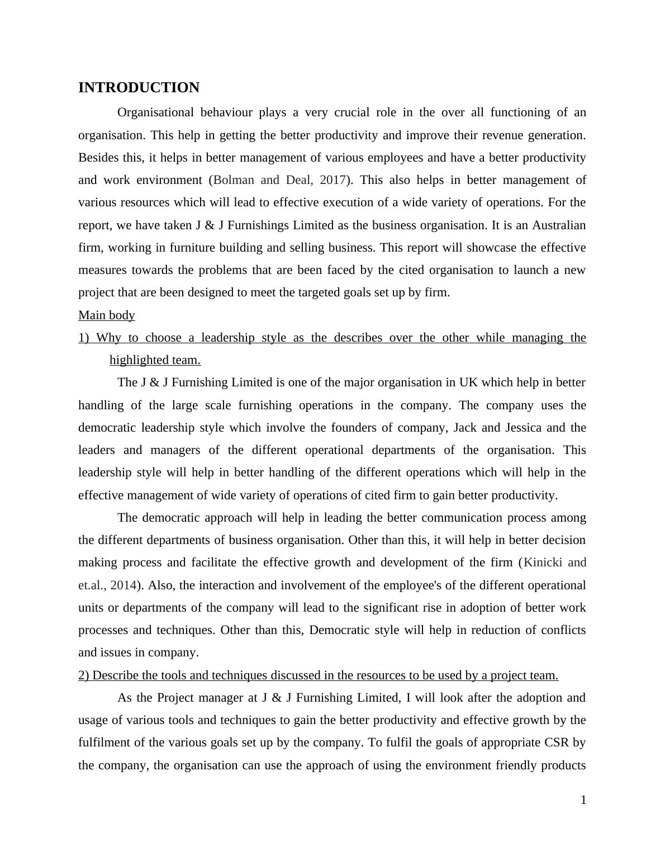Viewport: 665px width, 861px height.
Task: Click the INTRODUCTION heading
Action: (139, 88)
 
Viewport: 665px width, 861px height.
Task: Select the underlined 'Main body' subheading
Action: (106, 315)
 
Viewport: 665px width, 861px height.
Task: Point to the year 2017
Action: (332, 180)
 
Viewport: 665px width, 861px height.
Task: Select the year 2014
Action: (123, 585)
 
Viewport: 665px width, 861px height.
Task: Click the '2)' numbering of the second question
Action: (84, 675)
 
